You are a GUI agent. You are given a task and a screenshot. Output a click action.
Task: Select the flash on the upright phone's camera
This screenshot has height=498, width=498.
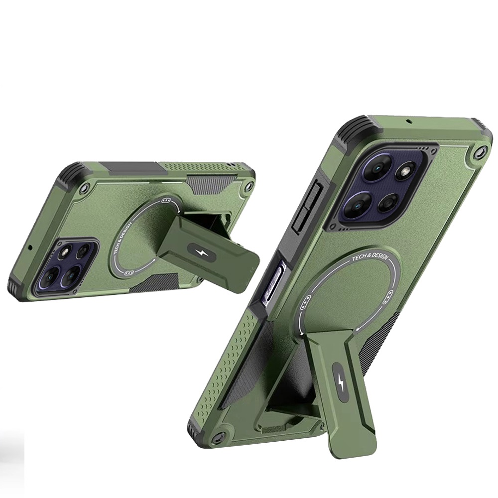404,171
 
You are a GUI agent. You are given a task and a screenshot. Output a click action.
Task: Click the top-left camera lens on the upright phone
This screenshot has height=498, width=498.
377,168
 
